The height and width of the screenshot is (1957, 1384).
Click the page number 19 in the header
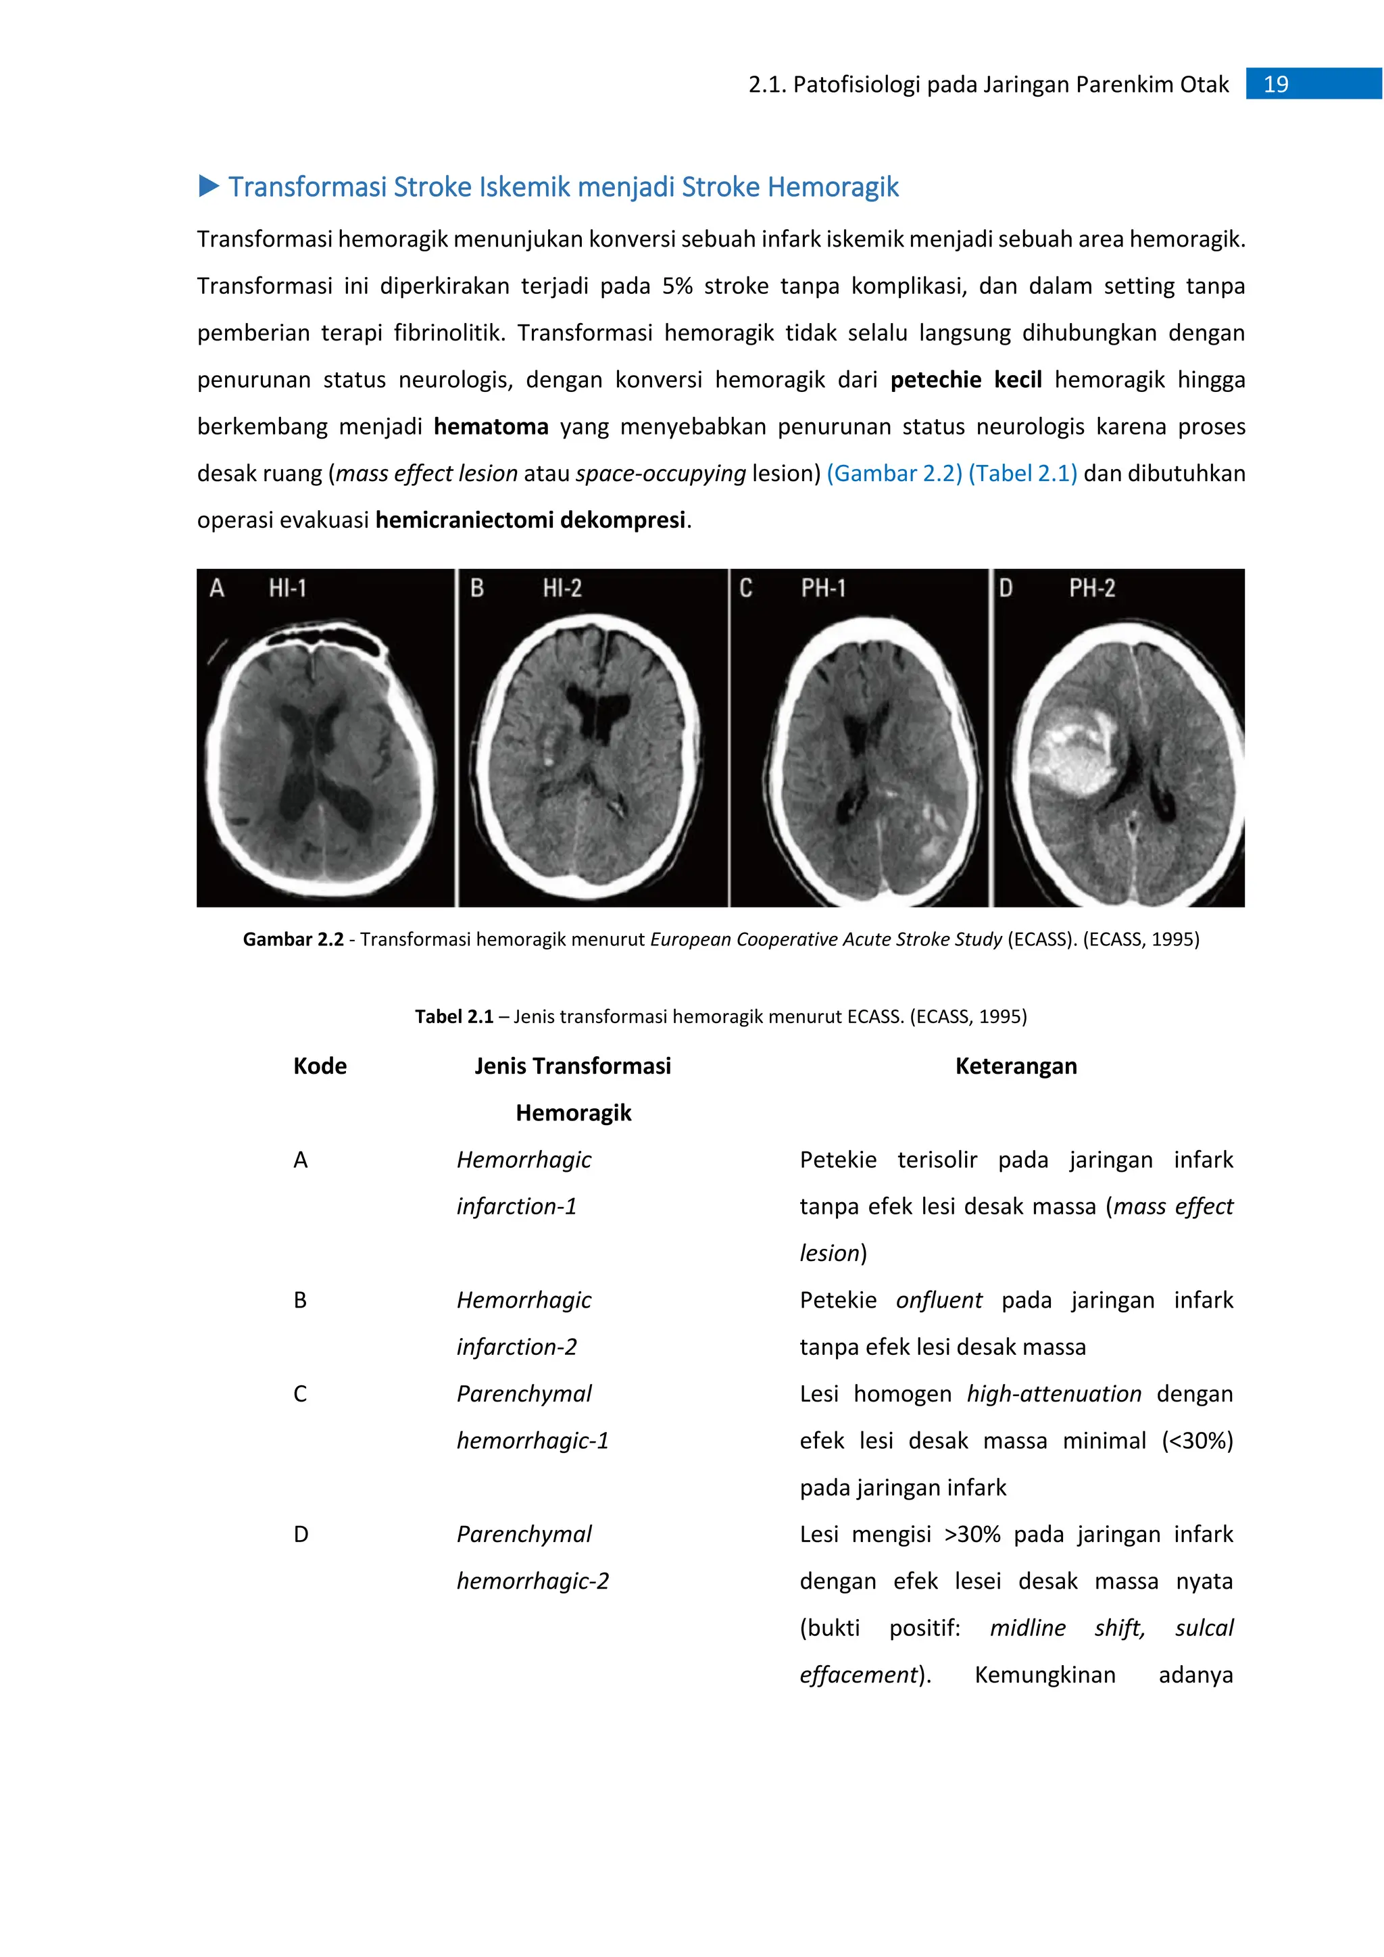(x=1276, y=84)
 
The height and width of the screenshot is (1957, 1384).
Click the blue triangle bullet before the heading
(x=209, y=186)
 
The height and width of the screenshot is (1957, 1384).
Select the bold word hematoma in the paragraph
(x=491, y=426)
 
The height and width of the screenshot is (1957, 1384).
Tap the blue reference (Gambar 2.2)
(x=894, y=473)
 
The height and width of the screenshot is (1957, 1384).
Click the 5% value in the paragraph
(x=678, y=286)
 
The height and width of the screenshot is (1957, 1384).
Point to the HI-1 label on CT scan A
(x=287, y=588)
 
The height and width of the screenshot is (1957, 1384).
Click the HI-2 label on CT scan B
(x=562, y=588)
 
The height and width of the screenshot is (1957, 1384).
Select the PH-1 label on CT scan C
(x=823, y=588)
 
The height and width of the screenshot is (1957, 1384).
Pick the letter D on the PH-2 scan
(x=1006, y=588)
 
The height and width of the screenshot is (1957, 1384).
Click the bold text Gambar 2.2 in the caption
(x=293, y=939)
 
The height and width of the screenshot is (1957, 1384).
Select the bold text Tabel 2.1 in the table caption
(x=454, y=1016)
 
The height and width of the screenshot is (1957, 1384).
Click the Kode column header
(x=320, y=1066)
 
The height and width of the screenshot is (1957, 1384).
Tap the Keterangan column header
(x=1016, y=1066)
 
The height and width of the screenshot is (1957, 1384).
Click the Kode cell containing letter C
(x=300, y=1393)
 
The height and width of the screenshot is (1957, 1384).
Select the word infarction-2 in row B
(x=516, y=1347)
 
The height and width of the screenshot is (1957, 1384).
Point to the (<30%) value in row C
(x=1197, y=1441)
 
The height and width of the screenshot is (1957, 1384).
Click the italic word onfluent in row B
(x=938, y=1300)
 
